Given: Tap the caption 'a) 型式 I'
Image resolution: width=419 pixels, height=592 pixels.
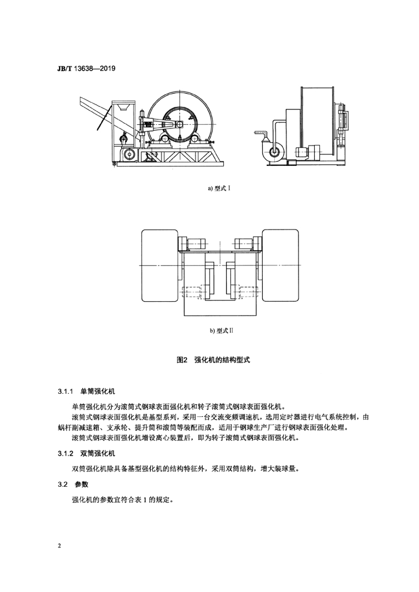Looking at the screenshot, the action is pyautogui.click(x=220, y=188).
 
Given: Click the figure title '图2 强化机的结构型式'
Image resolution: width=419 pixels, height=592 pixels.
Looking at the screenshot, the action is pyautogui.click(x=213, y=360).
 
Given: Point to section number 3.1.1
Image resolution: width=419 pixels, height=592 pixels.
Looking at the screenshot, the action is pyautogui.click(x=66, y=392).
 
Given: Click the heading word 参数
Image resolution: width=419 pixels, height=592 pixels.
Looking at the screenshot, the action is pyautogui.click(x=82, y=484).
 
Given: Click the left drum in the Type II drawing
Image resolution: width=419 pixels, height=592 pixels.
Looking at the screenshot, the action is pyautogui.click(x=160, y=265).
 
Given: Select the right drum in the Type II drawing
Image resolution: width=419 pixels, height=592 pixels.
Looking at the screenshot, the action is pyautogui.click(x=280, y=265).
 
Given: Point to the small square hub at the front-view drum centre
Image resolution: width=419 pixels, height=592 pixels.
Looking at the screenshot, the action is pyautogui.click(x=180, y=124).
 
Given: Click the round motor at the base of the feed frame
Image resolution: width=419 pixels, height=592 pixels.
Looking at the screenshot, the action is pyautogui.click(x=128, y=154).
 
